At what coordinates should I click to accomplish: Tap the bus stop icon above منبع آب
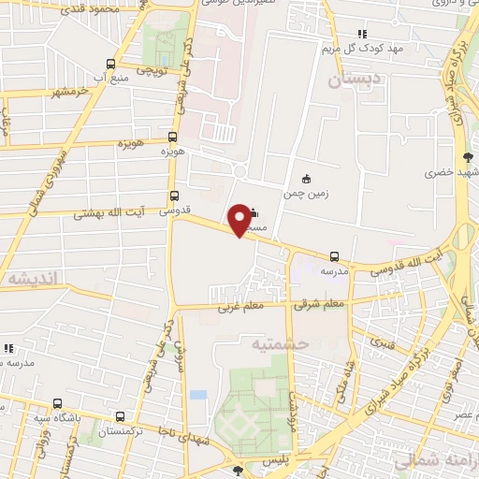(x=110, y=64)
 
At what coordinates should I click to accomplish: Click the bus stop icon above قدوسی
(x=174, y=196)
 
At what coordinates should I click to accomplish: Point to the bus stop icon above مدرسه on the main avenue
(x=334, y=255)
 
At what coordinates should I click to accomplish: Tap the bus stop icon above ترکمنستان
(x=119, y=416)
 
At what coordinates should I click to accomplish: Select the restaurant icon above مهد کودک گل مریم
(x=361, y=35)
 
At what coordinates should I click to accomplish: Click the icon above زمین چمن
(x=305, y=179)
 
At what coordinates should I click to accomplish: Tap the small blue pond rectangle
(x=197, y=395)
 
